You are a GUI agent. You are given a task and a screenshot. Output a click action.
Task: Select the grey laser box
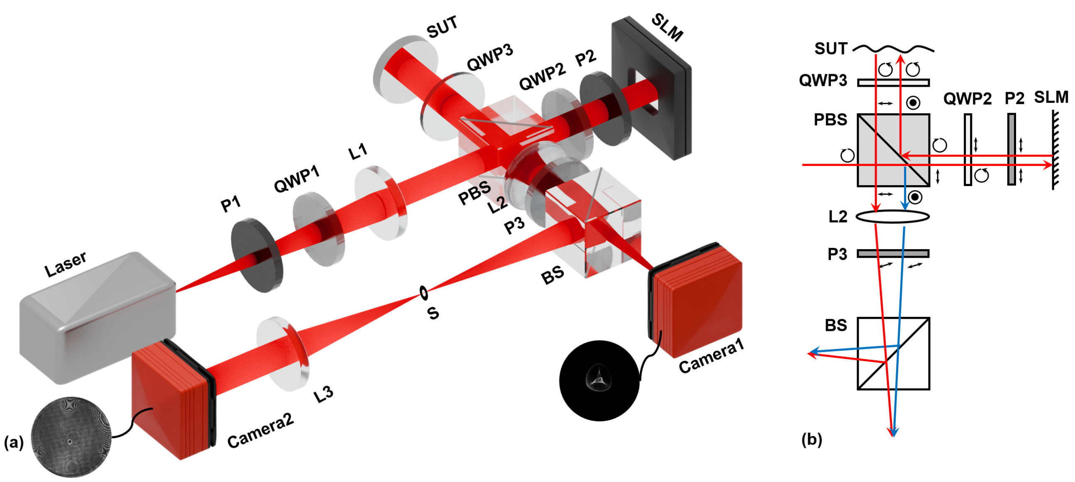[x=96, y=317]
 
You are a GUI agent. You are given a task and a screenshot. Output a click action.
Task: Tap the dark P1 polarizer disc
[x=255, y=254]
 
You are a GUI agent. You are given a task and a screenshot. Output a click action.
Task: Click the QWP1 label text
[x=296, y=178]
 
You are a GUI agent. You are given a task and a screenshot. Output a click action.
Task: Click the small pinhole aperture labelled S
[x=424, y=293]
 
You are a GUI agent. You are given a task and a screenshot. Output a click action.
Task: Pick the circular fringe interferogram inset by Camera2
[x=71, y=436]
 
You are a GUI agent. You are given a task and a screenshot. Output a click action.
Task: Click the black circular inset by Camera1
[x=599, y=380]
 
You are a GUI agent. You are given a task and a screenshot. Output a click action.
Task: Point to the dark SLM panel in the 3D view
[x=651, y=88]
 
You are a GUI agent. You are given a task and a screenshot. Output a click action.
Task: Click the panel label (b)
[x=811, y=439]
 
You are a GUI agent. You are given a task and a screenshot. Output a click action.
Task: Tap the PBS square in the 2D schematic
[x=893, y=150]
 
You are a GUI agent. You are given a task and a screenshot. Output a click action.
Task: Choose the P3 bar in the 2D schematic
[x=893, y=253]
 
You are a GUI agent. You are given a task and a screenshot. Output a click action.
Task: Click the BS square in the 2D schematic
[x=893, y=353]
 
